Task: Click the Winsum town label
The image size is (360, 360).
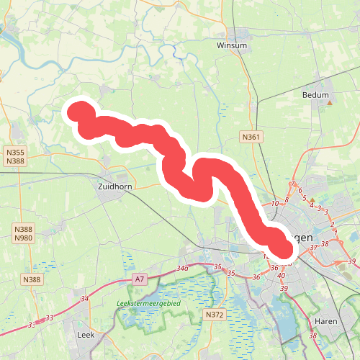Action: tap(232, 45)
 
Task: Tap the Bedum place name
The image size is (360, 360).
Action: tap(315, 95)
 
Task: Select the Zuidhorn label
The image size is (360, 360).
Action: tap(113, 186)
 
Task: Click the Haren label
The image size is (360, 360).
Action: tap(326, 322)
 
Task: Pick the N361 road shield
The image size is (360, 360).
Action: tap(250, 137)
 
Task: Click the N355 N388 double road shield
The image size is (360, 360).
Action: tap(14, 156)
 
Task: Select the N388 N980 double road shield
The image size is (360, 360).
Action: tap(23, 233)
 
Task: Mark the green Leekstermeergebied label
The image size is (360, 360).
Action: tap(148, 304)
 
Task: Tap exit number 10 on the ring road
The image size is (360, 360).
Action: tap(274, 204)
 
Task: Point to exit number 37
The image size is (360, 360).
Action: tap(313, 248)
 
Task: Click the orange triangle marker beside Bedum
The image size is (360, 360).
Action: tap(330, 103)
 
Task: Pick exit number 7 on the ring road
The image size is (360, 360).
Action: tap(292, 184)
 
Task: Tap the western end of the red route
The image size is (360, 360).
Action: tap(77, 110)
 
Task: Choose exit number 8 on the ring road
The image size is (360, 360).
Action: tap(287, 199)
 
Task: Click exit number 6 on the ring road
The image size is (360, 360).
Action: tap(300, 191)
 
